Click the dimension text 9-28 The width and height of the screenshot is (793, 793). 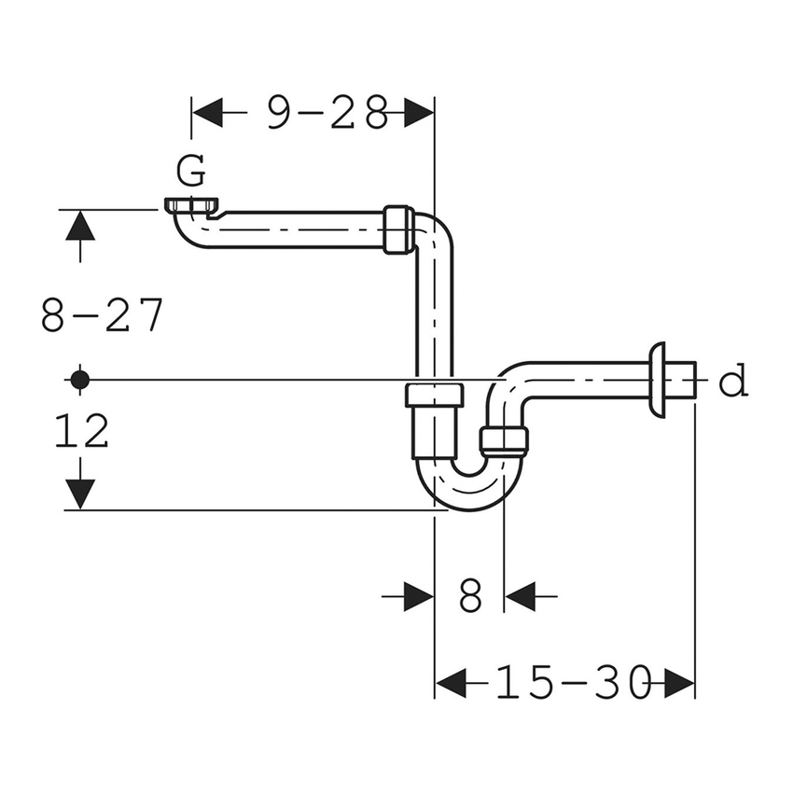tap(327, 113)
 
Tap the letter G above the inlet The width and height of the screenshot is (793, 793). tap(190, 172)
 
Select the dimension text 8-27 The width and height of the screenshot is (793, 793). tap(103, 315)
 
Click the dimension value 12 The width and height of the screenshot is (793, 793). tap(81, 432)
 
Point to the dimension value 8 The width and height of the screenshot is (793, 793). tap(470, 595)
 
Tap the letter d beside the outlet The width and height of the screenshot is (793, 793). tap(734, 382)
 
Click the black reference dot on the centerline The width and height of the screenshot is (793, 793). tap(79, 379)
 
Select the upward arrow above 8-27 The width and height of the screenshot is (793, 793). tap(80, 229)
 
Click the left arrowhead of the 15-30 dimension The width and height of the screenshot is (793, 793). tap(453, 684)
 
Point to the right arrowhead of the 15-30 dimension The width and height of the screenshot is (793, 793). tap(678, 684)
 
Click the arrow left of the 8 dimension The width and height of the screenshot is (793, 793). tap(417, 595)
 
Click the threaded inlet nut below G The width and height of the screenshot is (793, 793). tap(193, 205)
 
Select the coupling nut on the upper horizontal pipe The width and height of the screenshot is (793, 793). tap(397, 230)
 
